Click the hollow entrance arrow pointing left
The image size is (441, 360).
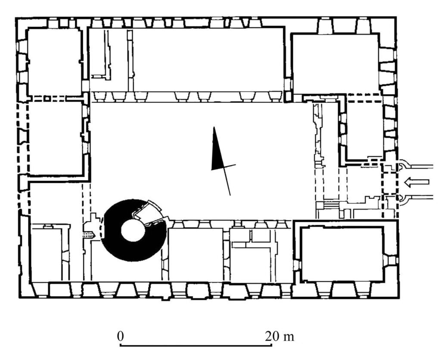pos(416,182)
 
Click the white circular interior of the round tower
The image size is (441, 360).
pos(133,231)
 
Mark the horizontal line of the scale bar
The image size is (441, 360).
pos(196,345)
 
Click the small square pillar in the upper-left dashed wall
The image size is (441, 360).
pos(47,98)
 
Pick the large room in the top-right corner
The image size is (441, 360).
pos(335,64)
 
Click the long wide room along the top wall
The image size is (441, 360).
pos(208,59)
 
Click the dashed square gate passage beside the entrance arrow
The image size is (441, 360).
pos(389,182)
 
